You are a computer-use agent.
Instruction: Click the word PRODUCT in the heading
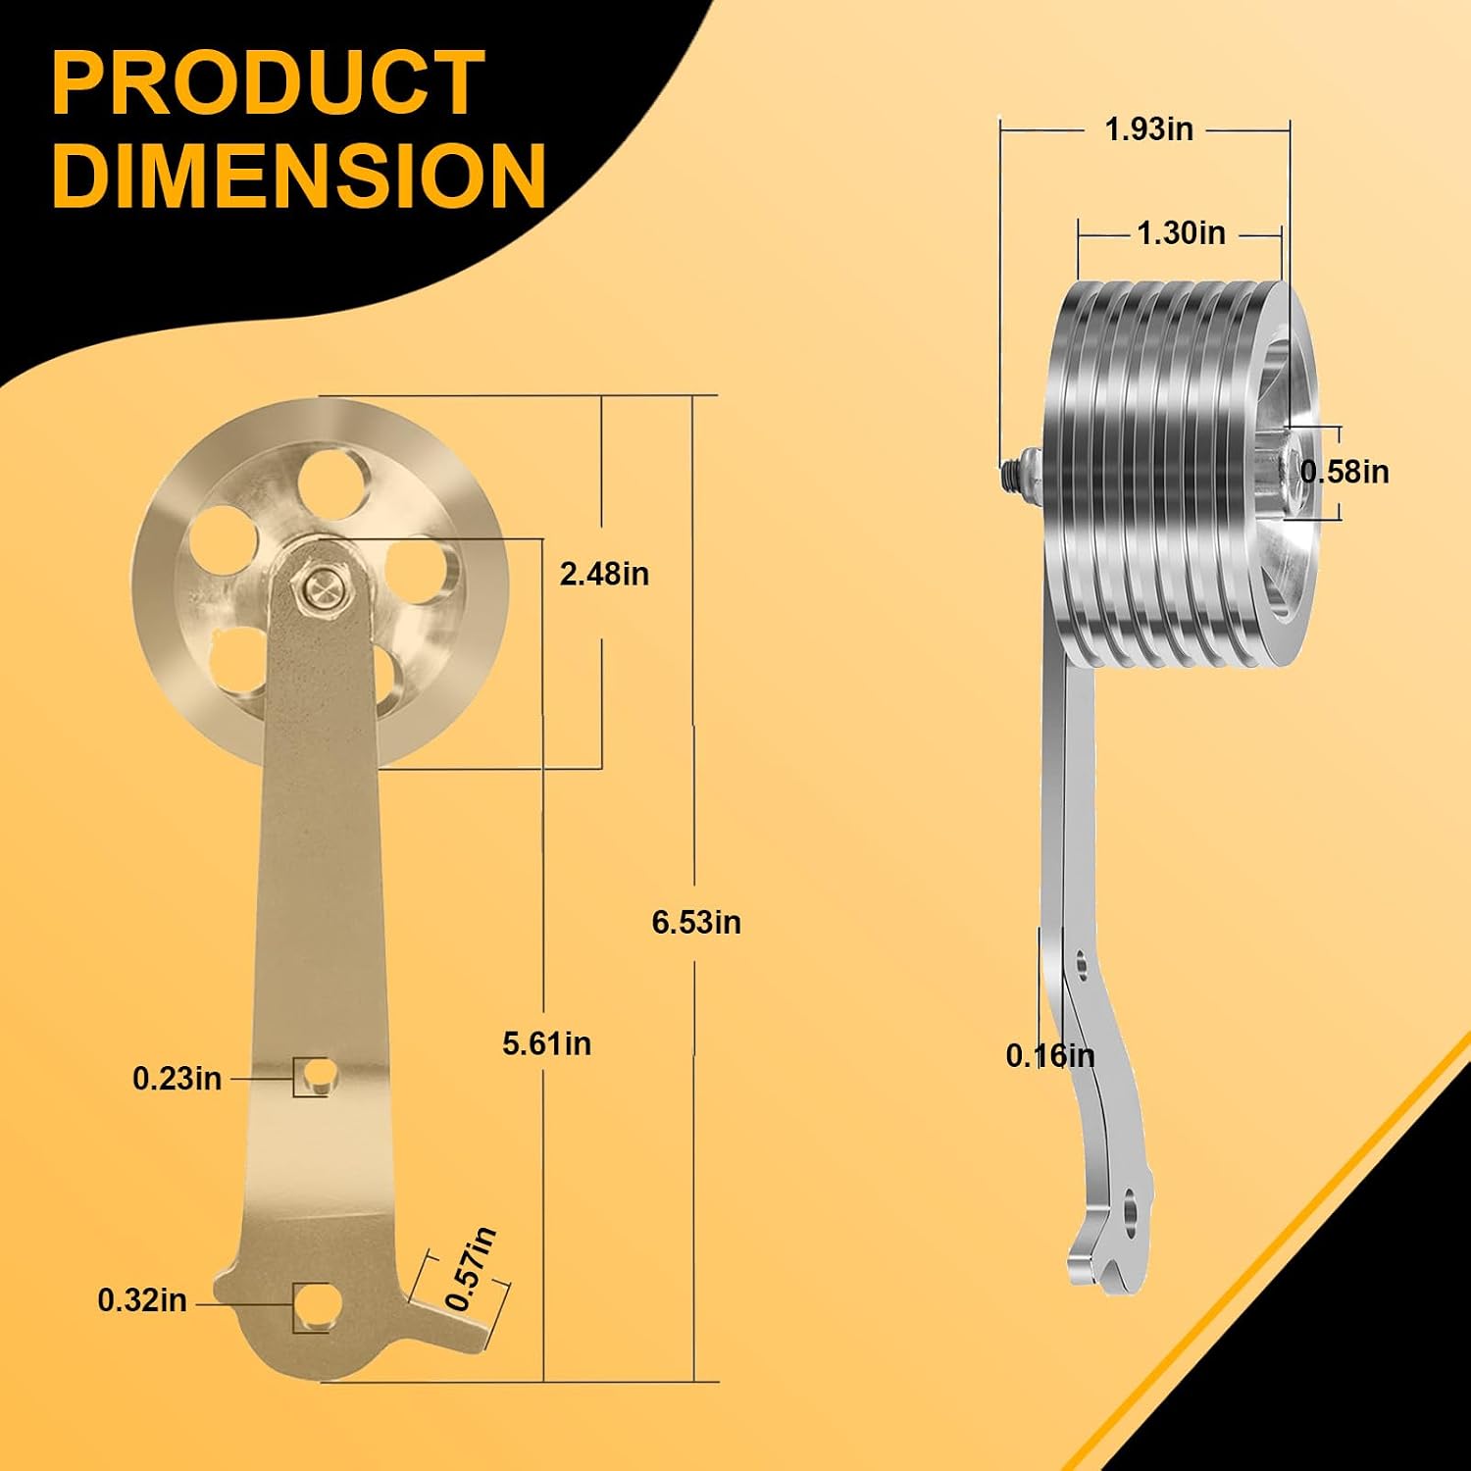268,83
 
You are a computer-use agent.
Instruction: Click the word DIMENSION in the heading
299,175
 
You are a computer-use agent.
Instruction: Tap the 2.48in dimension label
604,574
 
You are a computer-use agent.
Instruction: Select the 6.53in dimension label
696,923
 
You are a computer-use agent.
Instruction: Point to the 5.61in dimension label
547,1043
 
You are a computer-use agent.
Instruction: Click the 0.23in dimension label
178,1079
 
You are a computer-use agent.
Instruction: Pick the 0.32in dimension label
142,1300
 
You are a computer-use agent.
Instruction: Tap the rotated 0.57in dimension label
471,1268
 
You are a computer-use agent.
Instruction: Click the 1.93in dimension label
1149,128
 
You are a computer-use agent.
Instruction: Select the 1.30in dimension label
1181,233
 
